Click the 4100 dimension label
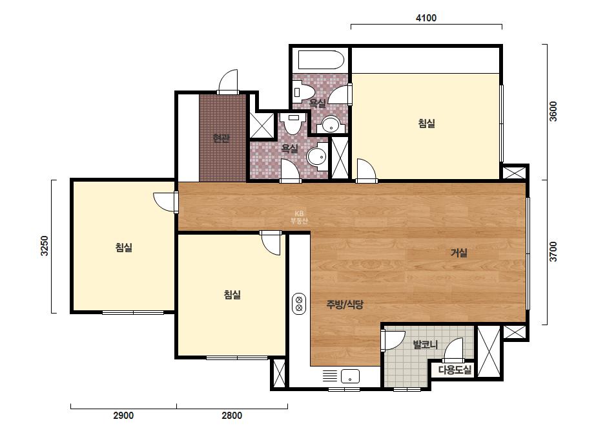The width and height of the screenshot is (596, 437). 426,18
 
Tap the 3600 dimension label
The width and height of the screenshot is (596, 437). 553,111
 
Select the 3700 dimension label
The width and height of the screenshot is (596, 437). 553,251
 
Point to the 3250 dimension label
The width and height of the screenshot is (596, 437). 45,246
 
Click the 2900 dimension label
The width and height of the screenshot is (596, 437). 123,415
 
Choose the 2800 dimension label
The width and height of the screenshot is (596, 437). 232,415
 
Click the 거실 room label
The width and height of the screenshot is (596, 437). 458,253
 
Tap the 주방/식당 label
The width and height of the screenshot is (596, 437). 345,304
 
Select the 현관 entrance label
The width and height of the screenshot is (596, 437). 221,138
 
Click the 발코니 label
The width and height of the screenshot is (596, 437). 426,345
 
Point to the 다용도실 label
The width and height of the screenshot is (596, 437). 455,370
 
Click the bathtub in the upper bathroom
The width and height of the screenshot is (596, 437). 321,60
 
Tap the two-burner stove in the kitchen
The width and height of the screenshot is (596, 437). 299,303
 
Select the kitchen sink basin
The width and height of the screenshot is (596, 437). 350,376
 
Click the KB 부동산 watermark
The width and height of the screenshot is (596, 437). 299,217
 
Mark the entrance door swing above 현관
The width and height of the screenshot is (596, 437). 229,81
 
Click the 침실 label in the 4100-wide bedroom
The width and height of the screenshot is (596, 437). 426,123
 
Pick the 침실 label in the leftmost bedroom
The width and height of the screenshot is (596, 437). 124,248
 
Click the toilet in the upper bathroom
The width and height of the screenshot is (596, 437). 303,91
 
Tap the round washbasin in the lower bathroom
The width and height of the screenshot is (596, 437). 317,156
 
